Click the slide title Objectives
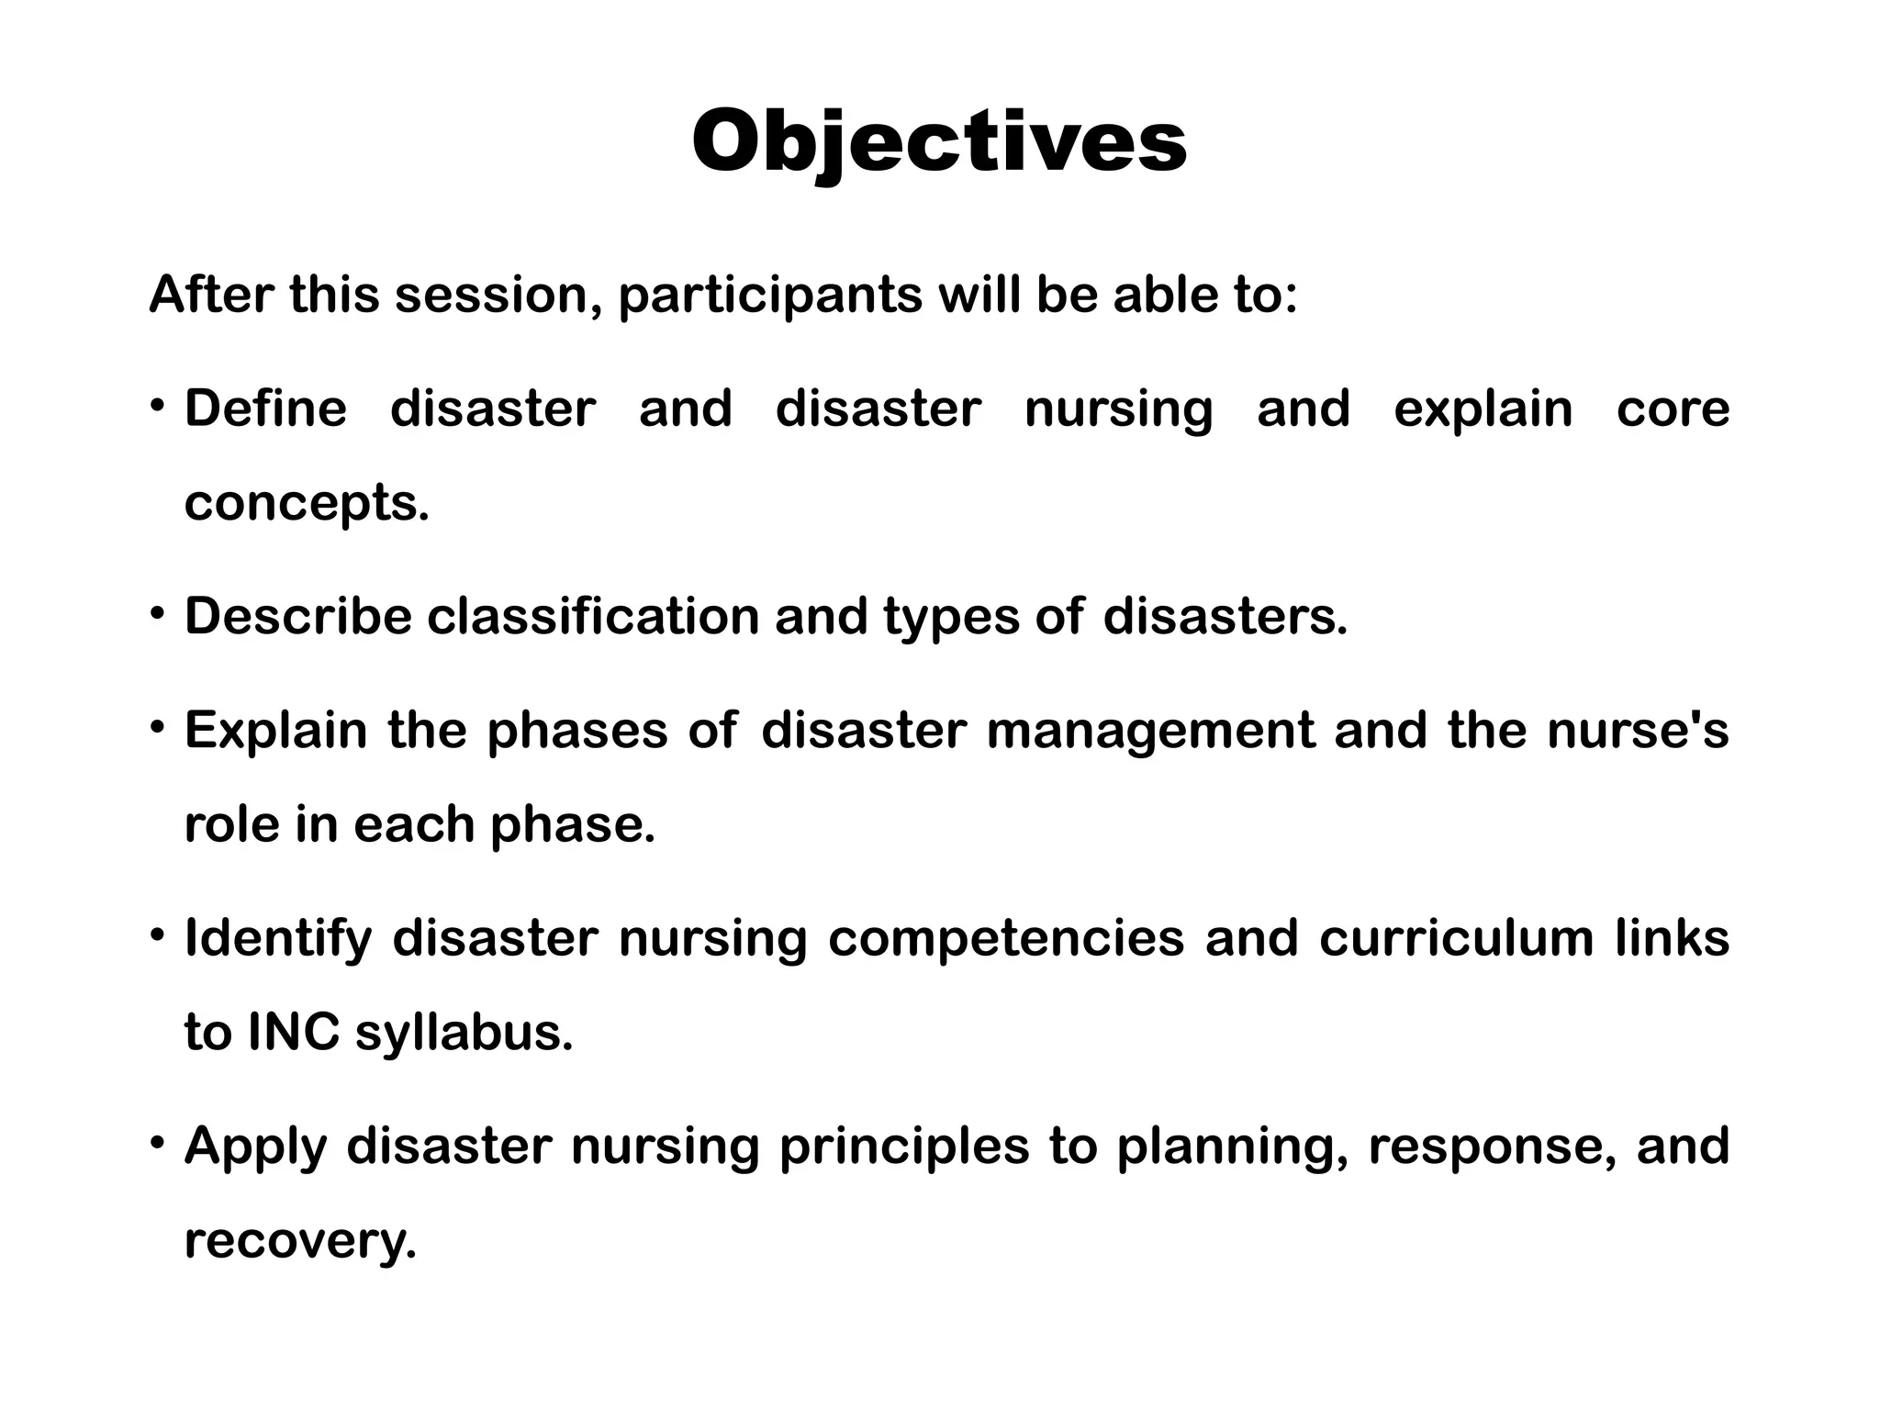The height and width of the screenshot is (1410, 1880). tap(939, 142)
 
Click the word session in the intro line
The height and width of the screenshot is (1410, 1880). tap(496, 295)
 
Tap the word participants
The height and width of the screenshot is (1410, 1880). tap(770, 297)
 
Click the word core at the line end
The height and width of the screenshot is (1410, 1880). tap(1672, 409)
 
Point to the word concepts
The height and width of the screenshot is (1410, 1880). tap(306, 504)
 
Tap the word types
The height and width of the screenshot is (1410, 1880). tap(951, 617)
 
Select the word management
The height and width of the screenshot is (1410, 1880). tap(1150, 732)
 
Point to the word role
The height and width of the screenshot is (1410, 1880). tap(229, 824)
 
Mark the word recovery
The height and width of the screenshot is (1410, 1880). tap(300, 1241)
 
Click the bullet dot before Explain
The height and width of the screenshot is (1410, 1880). tap(159, 728)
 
